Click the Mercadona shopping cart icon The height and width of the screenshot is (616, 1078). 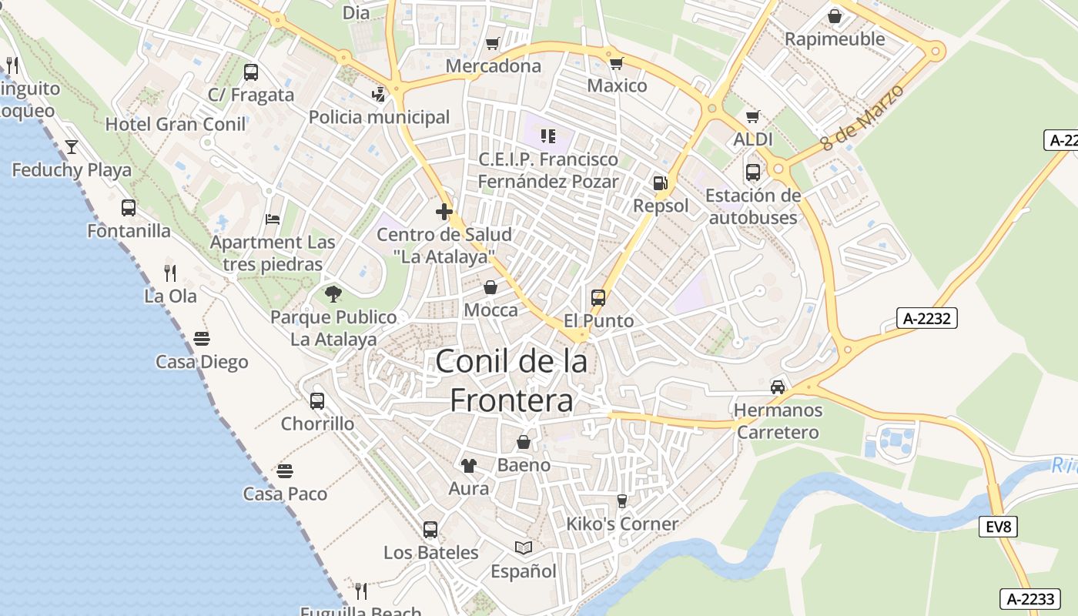point(493,43)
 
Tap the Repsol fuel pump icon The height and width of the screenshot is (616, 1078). point(659,183)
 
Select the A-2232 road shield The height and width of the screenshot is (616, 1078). point(926,318)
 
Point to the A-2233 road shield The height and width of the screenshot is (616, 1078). point(1030,599)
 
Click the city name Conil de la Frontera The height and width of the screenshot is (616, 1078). point(511,380)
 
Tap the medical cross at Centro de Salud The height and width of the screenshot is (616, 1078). point(444,212)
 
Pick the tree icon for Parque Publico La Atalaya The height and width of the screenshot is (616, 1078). point(333,293)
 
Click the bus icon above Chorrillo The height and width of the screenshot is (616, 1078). point(317,400)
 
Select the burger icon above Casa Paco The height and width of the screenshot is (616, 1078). point(285,470)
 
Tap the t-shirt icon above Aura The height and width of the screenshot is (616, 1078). point(468,465)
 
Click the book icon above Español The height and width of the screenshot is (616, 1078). point(524,547)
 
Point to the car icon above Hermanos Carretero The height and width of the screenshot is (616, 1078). point(778,387)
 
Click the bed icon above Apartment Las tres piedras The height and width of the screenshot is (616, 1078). point(273,219)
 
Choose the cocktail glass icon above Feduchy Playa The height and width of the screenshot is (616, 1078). point(72,146)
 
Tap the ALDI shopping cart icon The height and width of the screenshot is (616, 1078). point(752,117)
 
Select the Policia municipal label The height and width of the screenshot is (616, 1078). point(379,117)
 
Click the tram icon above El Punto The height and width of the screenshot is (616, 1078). point(598,297)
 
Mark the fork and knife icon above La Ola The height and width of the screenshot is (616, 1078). point(170,273)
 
